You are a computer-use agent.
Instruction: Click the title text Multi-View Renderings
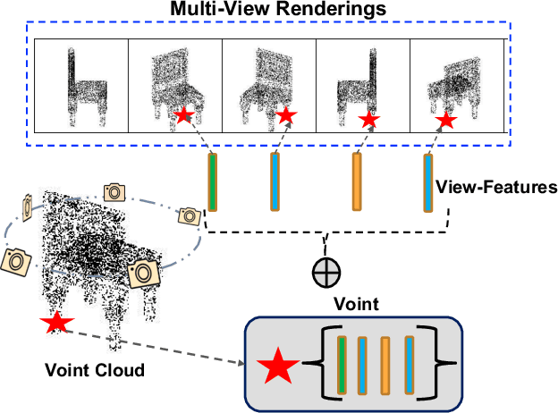280,10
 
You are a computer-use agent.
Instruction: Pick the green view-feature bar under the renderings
213,182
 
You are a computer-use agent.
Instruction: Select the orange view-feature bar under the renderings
357,182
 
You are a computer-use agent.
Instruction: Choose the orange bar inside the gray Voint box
385,365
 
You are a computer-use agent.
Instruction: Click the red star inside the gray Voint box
278,367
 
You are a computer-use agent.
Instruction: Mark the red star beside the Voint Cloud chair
56,323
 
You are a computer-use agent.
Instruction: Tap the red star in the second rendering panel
184,114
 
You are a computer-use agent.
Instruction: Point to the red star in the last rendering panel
444,119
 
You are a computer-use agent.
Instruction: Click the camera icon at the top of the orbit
114,191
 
